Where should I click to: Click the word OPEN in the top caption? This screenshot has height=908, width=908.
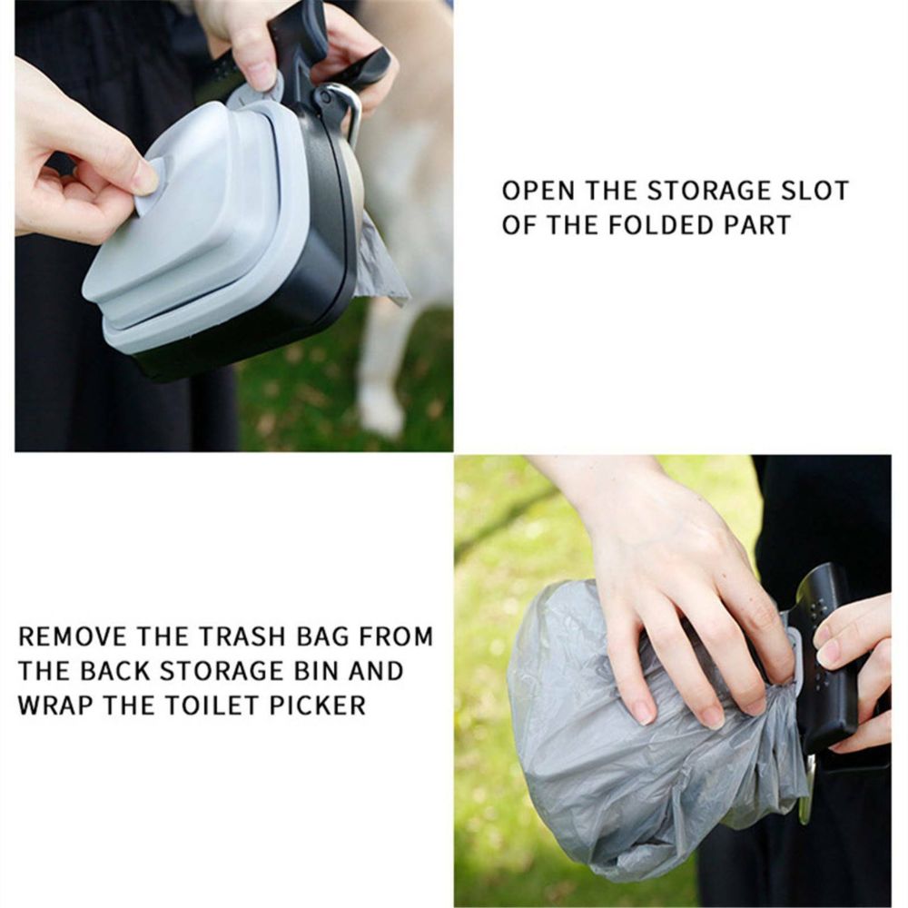[538, 191]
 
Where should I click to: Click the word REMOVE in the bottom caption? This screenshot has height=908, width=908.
[73, 637]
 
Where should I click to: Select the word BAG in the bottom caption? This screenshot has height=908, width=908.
[324, 637]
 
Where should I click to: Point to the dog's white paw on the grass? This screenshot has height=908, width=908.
[380, 411]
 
